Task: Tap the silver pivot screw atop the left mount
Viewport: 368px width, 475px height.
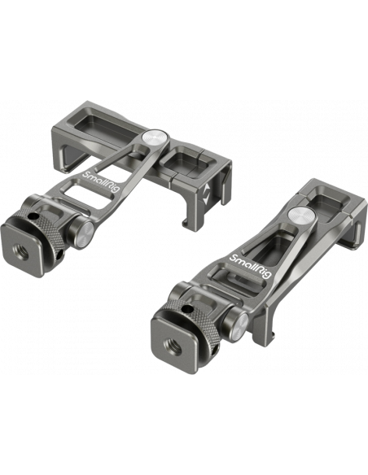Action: (x=154, y=138)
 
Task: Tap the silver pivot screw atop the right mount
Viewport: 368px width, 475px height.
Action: (x=302, y=216)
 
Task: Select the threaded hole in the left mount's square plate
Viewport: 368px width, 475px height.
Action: (x=21, y=251)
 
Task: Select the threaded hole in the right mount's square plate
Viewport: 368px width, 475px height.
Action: (x=173, y=346)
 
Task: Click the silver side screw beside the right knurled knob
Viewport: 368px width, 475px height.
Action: (x=240, y=327)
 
